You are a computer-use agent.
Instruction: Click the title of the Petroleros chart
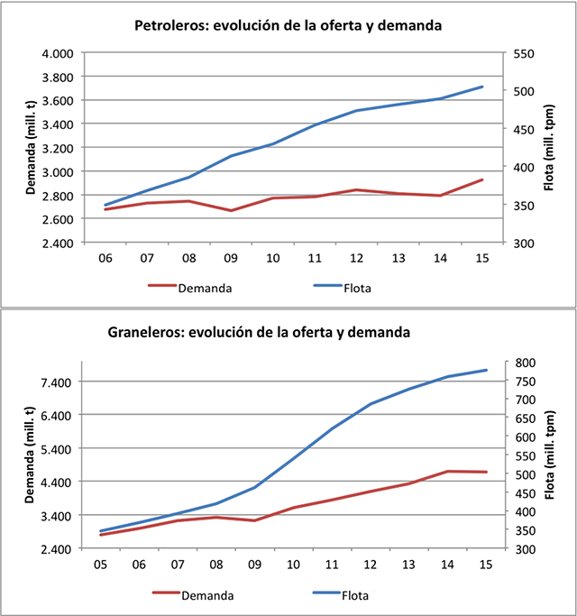(x=288, y=26)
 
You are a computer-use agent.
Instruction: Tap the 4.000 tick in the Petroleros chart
(x=59, y=53)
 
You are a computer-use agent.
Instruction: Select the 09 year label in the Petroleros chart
(x=231, y=259)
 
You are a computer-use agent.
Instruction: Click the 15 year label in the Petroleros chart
(x=481, y=259)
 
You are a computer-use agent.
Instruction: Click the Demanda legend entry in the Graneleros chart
(x=207, y=595)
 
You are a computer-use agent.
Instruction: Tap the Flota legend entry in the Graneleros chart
(x=355, y=595)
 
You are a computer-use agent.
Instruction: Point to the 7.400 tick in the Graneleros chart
(x=59, y=382)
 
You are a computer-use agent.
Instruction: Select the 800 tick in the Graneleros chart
(x=522, y=362)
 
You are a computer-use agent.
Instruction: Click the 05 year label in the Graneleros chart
(x=100, y=565)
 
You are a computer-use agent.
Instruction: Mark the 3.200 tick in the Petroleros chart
(x=59, y=148)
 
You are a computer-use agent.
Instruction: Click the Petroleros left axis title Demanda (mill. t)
(x=30, y=148)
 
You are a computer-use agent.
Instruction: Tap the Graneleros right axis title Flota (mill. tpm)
(x=550, y=455)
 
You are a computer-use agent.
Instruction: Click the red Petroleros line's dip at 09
(x=231, y=211)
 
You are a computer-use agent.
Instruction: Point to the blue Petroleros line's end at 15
(x=482, y=87)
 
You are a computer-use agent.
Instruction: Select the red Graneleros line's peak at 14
(x=448, y=471)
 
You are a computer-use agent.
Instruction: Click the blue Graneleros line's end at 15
(x=487, y=370)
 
